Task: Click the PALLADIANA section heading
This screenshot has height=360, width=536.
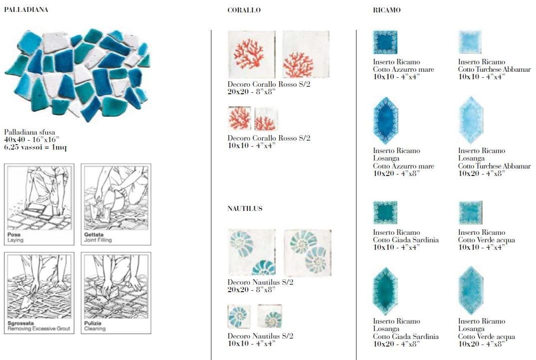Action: pos(26,9)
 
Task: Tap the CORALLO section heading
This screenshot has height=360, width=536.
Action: pos(244,10)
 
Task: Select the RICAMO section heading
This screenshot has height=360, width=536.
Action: pos(386,10)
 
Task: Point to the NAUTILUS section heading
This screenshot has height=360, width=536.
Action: pos(245,208)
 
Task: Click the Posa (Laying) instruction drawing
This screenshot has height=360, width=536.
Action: pos(39,204)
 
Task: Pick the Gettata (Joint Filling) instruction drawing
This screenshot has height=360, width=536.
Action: pos(116,204)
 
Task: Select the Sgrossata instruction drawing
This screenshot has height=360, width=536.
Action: pos(39,293)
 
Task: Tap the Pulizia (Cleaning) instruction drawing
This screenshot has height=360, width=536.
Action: pos(116,293)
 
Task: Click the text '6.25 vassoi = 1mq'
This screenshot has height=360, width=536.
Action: pos(35,148)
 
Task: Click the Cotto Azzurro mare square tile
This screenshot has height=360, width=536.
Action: pos(385,42)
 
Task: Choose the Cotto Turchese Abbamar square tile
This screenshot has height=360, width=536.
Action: pos(470,42)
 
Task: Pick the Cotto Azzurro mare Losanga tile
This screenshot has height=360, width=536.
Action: pos(385,121)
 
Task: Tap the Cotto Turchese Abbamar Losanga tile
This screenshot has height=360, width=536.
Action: pos(471,120)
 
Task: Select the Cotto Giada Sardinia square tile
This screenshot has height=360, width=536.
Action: pos(385,212)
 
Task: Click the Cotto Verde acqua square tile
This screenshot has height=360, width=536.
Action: pos(470,212)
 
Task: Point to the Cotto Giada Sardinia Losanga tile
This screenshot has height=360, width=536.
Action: pos(385,291)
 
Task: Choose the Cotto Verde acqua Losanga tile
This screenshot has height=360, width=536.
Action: pos(471,291)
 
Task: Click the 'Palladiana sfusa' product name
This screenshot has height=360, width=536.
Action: pos(29,132)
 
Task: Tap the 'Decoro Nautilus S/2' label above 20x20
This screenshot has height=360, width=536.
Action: pos(260,282)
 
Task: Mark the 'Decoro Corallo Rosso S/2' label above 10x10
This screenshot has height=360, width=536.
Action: pos(269,138)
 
